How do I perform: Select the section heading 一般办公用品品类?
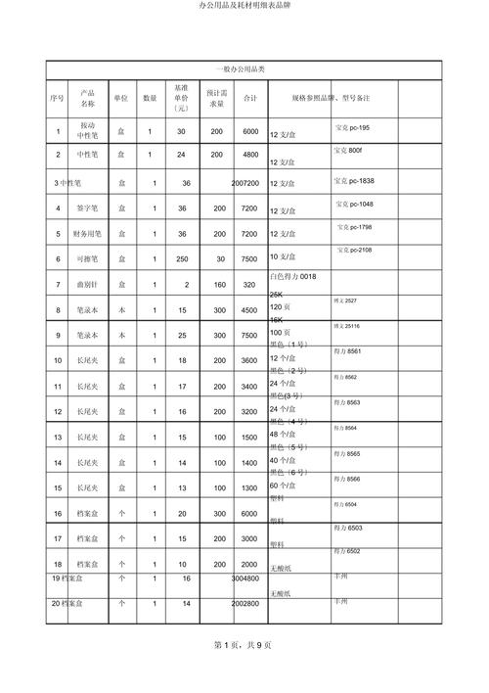click(244, 69)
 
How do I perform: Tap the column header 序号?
click(58, 98)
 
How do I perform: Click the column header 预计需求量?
click(216, 98)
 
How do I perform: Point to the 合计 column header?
click(250, 98)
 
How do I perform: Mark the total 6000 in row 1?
click(250, 131)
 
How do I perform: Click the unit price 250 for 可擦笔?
click(181, 258)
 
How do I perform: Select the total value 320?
click(250, 284)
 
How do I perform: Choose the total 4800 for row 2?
click(250, 155)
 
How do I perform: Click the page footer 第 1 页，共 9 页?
click(244, 674)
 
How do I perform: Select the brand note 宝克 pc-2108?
click(353, 251)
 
